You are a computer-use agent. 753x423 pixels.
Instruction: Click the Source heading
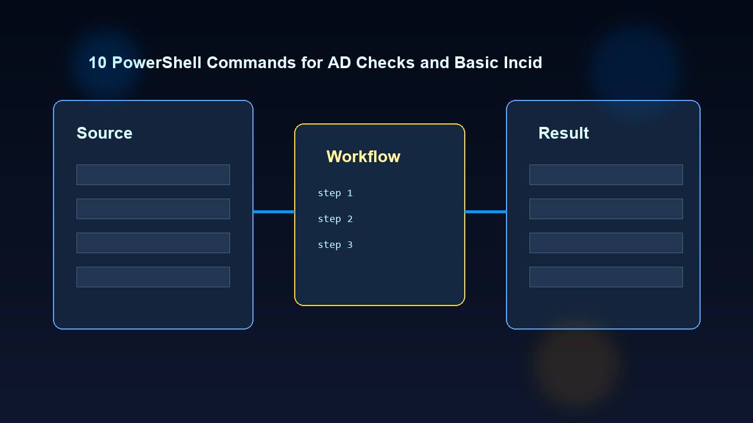pos(104,133)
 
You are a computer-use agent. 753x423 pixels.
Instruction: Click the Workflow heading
pos(363,157)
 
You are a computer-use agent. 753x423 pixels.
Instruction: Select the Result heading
pos(563,133)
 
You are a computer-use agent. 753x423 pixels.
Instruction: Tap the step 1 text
pos(335,193)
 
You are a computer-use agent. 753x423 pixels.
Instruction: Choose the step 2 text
pos(335,219)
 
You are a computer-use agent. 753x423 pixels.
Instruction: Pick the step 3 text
pos(335,245)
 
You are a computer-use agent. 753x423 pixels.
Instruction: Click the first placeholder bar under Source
pos(153,175)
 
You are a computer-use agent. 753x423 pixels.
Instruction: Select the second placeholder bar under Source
pos(153,209)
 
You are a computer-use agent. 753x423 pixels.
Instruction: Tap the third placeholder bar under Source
pos(153,243)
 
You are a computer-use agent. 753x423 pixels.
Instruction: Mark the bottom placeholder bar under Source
pos(153,277)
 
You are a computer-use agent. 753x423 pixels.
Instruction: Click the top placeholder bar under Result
pos(606,175)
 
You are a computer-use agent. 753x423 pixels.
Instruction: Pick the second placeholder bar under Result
pos(606,209)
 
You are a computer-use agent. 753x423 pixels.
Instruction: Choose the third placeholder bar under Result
pos(606,243)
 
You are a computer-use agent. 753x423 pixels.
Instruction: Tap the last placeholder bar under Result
pos(606,277)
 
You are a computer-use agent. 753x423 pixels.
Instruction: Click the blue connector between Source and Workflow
pos(274,211)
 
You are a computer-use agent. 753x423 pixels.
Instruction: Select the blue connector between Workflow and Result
pos(485,211)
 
